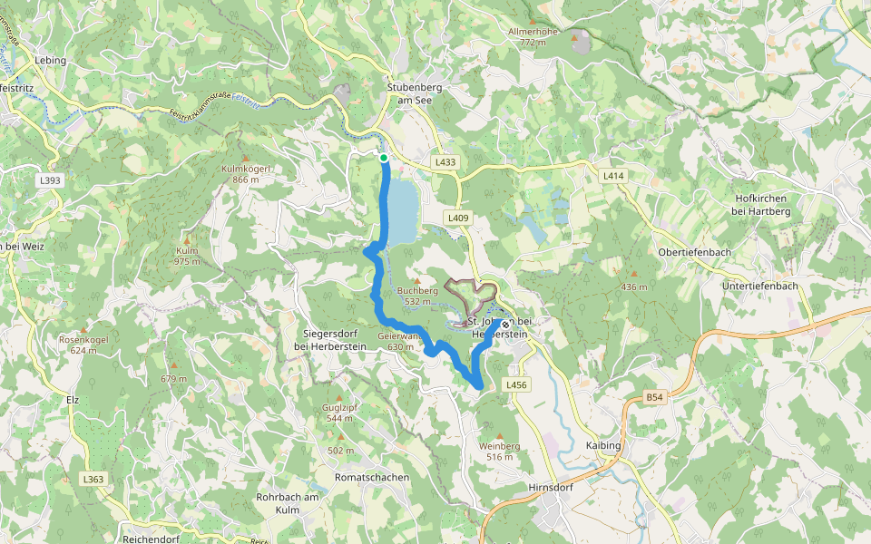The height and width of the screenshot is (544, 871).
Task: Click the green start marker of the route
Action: tap(384, 158)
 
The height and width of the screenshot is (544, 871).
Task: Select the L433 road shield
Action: tap(445, 162)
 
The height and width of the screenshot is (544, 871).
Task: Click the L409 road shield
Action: tap(458, 219)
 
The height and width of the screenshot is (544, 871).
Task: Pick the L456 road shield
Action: tap(516, 385)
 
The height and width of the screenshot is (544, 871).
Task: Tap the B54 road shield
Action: tap(654, 398)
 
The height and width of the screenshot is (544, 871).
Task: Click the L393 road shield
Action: tap(50, 180)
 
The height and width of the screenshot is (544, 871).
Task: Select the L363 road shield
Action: tap(93, 479)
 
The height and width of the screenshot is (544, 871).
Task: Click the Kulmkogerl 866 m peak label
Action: tap(240, 173)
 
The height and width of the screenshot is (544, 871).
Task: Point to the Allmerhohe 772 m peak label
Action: tap(533, 36)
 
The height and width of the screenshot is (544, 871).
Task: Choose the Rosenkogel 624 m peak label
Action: tap(83, 345)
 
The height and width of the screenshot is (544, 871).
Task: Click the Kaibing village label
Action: tap(603, 446)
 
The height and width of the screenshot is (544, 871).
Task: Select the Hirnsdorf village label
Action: tap(550, 488)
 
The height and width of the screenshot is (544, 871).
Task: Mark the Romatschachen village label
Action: tap(372, 477)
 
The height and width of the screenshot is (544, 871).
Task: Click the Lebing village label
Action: tap(51, 61)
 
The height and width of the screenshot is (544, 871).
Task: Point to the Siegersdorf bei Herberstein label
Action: tap(330, 339)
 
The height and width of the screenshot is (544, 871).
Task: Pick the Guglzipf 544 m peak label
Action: tap(340, 413)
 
